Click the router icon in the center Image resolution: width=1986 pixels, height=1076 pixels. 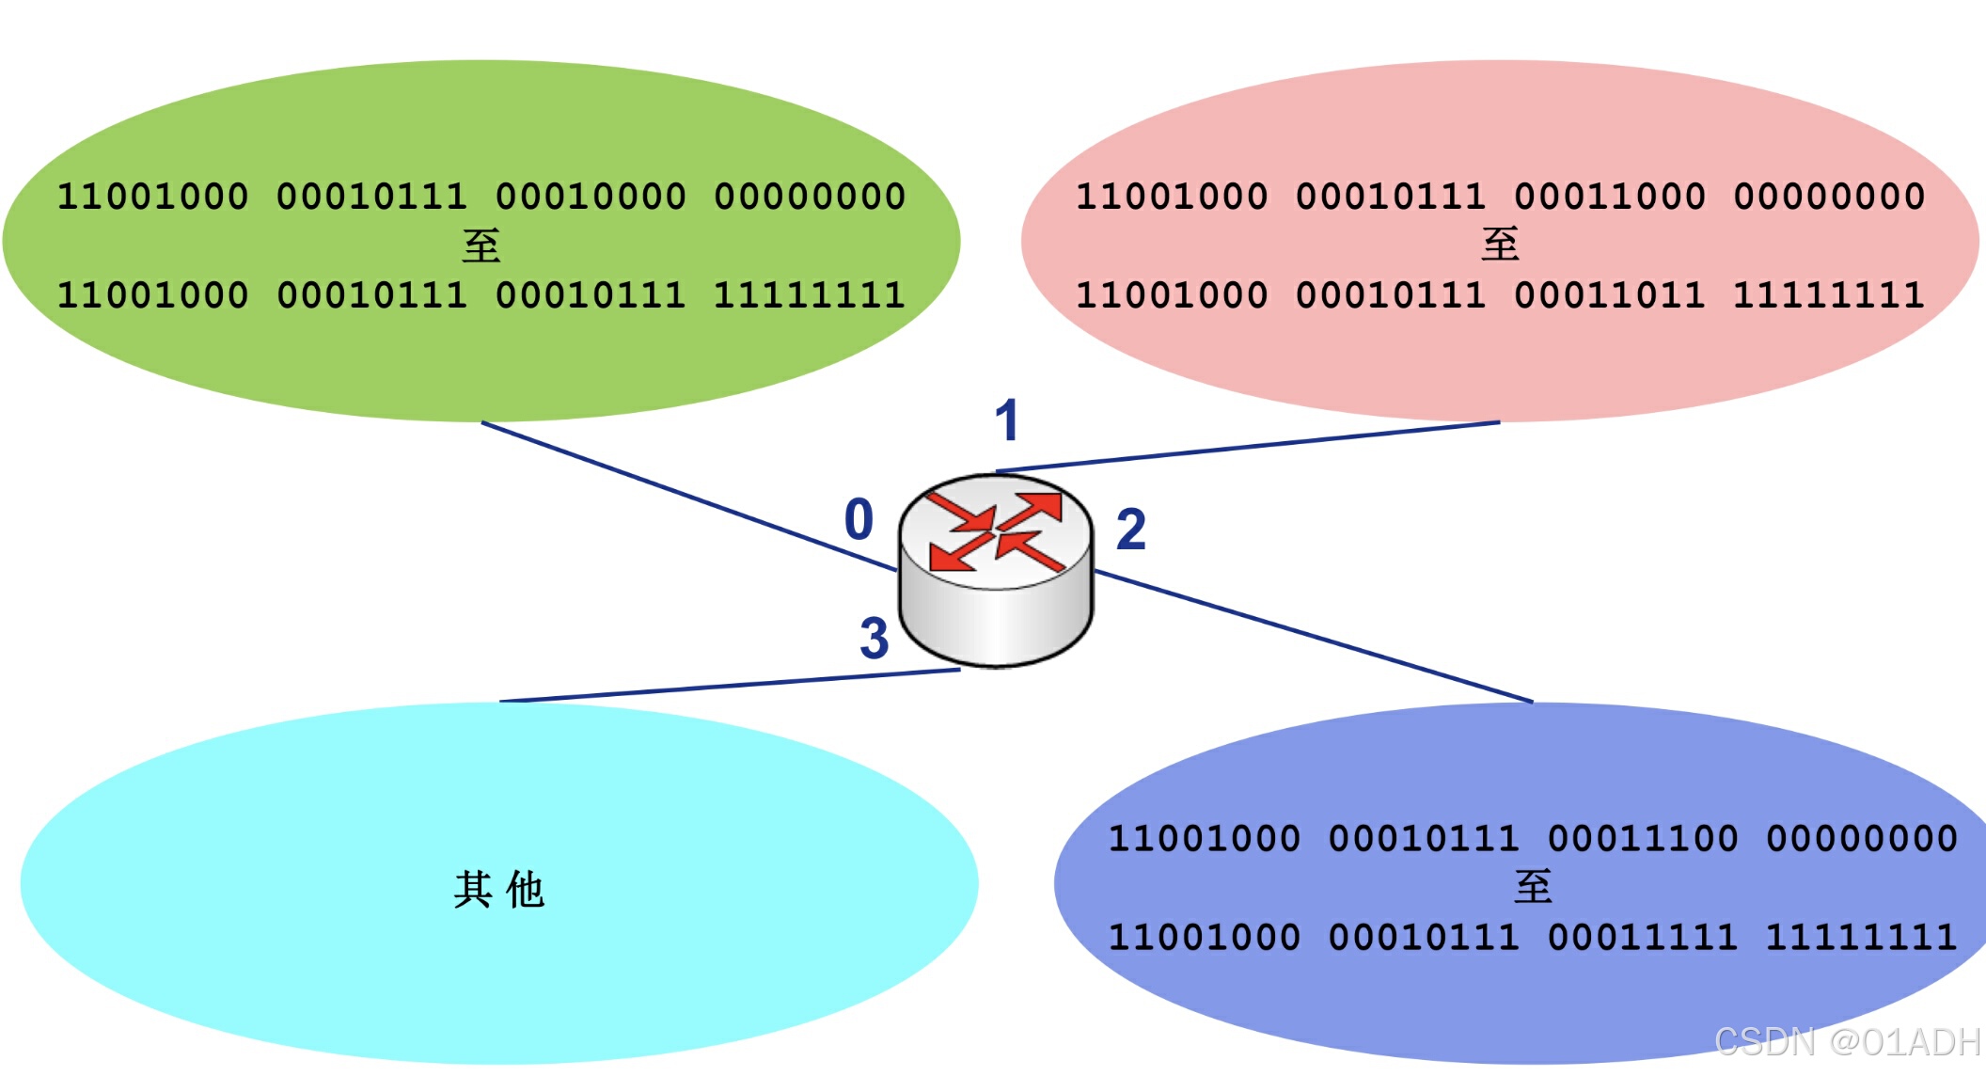pyautogui.click(x=996, y=570)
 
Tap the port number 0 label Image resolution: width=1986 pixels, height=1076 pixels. pyautogui.click(x=859, y=519)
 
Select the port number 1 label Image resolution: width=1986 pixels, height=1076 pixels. pyautogui.click(x=1006, y=419)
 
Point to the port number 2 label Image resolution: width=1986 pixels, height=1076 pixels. pyautogui.click(x=1130, y=530)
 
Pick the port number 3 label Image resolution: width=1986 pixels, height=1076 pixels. pyautogui.click(x=874, y=639)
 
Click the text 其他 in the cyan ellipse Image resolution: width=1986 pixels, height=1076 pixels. pyautogui.click(x=498, y=889)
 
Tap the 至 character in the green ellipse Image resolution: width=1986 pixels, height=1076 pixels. pyautogui.click(x=481, y=245)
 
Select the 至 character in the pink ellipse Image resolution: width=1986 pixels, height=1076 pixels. pyautogui.click(x=1500, y=245)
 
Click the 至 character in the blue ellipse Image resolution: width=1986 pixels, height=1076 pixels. pyautogui.click(x=1533, y=887)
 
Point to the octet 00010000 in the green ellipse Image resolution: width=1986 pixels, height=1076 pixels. pyautogui.click(x=591, y=197)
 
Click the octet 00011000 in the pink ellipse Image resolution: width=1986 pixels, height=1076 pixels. pyautogui.click(x=1610, y=197)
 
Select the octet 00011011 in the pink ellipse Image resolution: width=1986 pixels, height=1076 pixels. pyautogui.click(x=1610, y=295)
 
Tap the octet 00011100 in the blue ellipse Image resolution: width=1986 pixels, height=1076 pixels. pyautogui.click(x=1643, y=838)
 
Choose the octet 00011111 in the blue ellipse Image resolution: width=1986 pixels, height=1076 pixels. pyautogui.click(x=1643, y=937)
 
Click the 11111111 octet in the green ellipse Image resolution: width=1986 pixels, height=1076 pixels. pyautogui.click(x=810, y=295)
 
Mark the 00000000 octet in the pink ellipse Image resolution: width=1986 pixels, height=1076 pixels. pyautogui.click(x=1829, y=197)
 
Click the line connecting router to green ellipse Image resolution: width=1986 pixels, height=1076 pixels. pyautogui.click(x=686, y=496)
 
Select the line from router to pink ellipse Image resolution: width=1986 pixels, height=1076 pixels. pyautogui.click(x=1251, y=446)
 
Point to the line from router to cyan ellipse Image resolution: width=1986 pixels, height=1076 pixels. pyautogui.click(x=729, y=686)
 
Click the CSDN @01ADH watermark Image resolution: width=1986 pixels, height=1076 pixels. pyautogui.click(x=1847, y=1041)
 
